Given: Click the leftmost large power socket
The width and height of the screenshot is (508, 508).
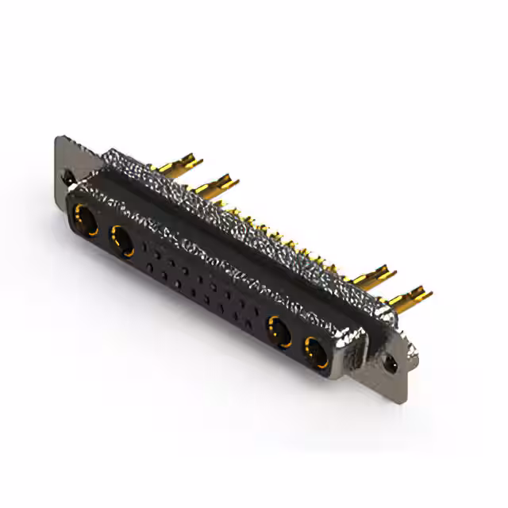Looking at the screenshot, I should coord(85,217).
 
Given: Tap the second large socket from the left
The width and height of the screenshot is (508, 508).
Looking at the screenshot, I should coord(122,239).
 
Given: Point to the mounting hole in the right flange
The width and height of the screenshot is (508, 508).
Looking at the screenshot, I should coord(390,364).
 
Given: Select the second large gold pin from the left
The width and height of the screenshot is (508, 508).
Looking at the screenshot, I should coord(214,186).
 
